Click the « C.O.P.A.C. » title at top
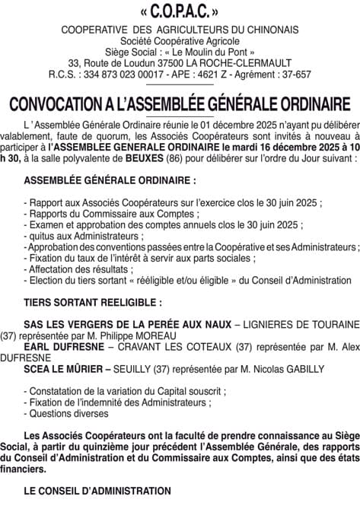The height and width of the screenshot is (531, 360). (x=179, y=13)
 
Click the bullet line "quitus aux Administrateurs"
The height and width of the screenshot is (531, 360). (x=84, y=237)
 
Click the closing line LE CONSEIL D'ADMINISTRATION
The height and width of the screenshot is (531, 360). (x=97, y=491)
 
